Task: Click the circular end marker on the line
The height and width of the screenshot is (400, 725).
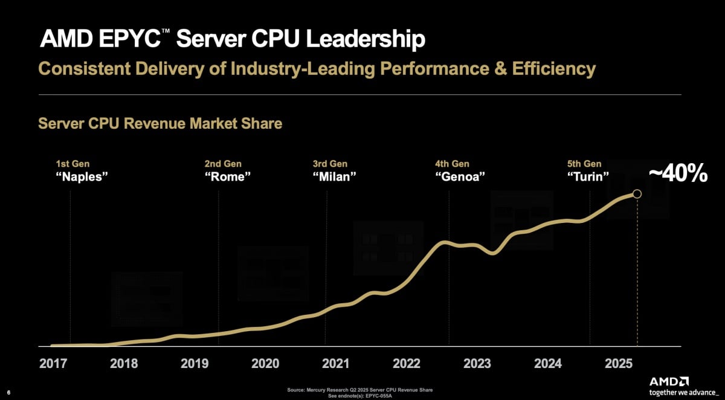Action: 636,193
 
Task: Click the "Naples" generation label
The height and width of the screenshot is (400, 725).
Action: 82,177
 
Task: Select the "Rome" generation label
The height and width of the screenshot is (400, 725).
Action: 228,177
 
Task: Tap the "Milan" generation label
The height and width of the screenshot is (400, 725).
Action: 335,177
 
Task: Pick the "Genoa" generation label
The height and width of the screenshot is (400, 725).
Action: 460,177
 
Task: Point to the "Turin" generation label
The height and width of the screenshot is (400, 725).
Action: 588,177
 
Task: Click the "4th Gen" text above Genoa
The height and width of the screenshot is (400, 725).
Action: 452,164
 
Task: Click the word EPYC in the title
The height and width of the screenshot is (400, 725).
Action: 128,40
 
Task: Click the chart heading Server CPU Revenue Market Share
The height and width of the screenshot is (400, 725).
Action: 160,123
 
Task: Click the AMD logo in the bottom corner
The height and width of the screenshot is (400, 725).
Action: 669,381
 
